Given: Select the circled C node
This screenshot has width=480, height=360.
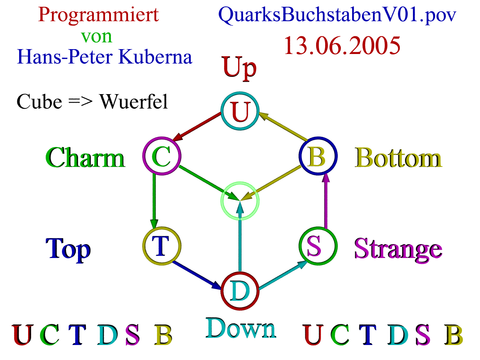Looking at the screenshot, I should point(162,156).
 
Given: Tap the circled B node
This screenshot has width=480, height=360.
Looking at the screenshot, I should point(318,156).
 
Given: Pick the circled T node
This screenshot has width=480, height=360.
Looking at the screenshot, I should point(162,246).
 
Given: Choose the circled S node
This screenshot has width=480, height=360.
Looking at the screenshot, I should point(318,246).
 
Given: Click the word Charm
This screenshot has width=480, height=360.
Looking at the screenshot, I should point(85,158).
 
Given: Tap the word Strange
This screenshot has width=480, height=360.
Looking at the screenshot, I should point(398,249).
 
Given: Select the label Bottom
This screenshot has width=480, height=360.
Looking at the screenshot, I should point(398,158).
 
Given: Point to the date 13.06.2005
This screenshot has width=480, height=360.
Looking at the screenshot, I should point(342,46).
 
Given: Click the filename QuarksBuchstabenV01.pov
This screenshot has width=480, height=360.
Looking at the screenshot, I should point(337,15).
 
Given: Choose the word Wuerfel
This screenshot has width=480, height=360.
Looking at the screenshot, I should point(133,102).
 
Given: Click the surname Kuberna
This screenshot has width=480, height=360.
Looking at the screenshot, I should point(155,57).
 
